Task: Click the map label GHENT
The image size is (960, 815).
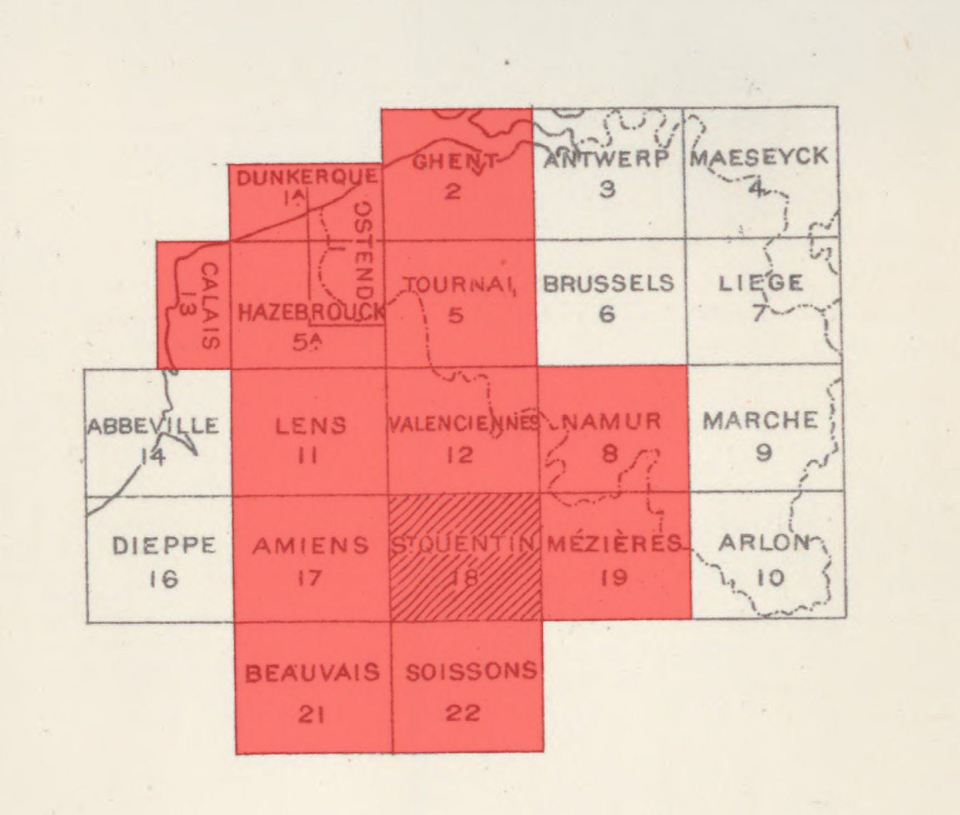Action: (x=455, y=162)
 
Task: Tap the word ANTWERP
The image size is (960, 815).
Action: (x=606, y=159)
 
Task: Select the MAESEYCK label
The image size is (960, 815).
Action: (x=760, y=157)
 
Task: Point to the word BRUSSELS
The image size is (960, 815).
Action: (x=609, y=284)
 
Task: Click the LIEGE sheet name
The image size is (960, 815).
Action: (x=761, y=284)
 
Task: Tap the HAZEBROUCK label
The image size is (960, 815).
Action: (x=311, y=312)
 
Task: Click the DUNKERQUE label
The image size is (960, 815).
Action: (x=308, y=177)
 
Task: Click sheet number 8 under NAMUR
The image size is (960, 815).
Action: (x=609, y=453)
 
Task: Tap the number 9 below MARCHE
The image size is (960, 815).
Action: (x=763, y=452)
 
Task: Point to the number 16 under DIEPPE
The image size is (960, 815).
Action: (x=164, y=580)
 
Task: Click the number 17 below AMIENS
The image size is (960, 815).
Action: (x=310, y=578)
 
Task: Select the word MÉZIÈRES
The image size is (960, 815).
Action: (x=614, y=544)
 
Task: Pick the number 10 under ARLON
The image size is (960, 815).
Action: (x=771, y=578)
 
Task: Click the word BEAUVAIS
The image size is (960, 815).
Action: (x=312, y=673)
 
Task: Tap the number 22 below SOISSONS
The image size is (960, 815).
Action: (x=463, y=713)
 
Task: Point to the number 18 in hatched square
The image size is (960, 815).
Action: (x=464, y=578)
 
